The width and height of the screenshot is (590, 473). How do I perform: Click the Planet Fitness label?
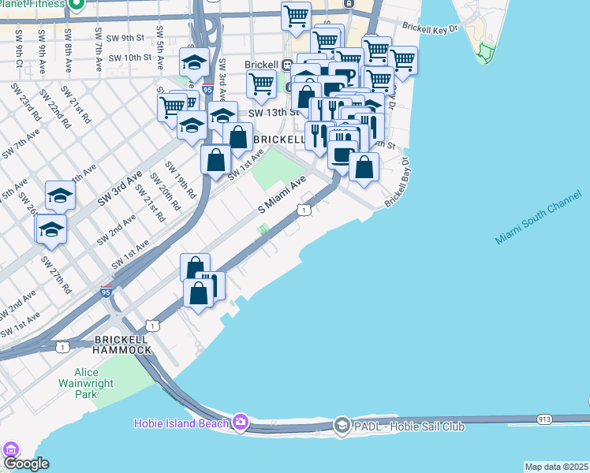(x=39, y=4)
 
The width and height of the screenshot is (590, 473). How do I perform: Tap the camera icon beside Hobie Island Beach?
(x=241, y=423)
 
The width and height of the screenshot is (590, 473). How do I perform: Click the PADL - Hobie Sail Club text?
(x=409, y=426)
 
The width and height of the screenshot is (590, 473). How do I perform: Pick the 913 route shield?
(x=544, y=419)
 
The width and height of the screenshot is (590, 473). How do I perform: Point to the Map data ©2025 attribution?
(x=556, y=467)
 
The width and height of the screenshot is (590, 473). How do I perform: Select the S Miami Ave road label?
(x=282, y=195)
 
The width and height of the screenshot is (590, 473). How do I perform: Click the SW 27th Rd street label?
(x=57, y=274)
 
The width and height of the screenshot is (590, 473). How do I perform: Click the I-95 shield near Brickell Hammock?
(x=106, y=292)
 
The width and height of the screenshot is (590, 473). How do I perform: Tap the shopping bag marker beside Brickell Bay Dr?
(x=364, y=167)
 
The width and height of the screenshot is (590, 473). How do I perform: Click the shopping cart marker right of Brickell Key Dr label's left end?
(x=403, y=60)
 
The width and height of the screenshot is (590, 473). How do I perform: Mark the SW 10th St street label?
(x=129, y=58)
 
